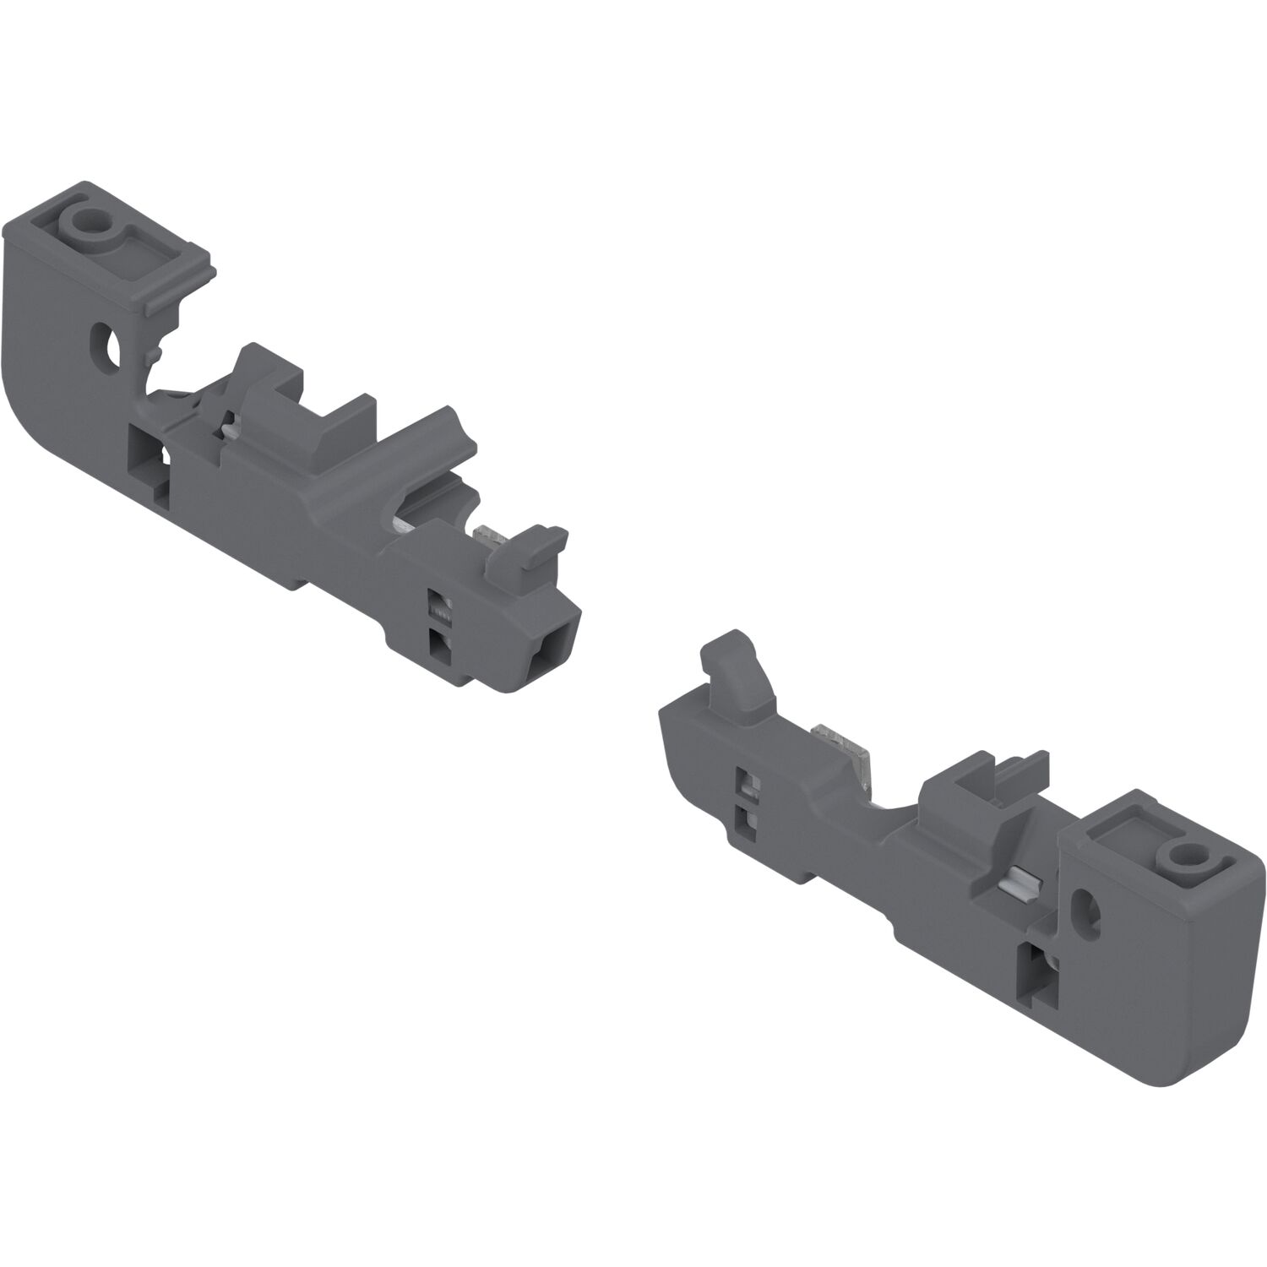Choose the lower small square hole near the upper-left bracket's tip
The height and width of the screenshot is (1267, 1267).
(439, 644)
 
